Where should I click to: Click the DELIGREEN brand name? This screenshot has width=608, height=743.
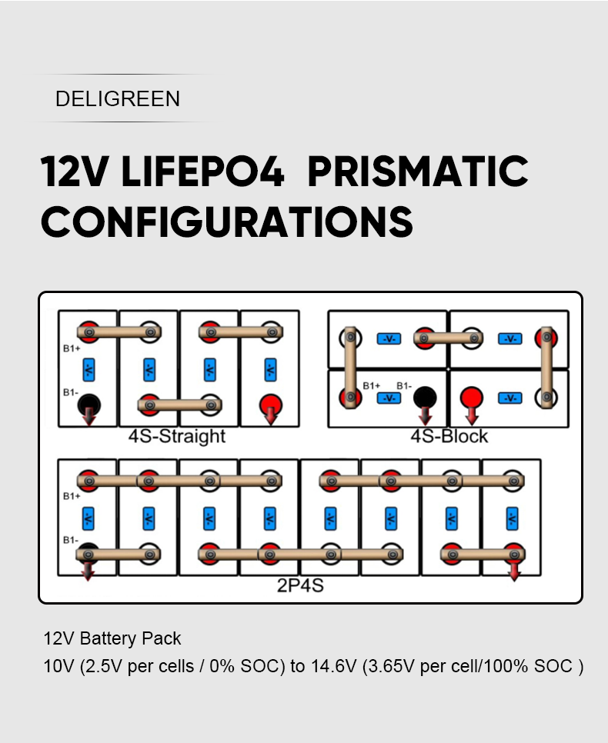tap(118, 99)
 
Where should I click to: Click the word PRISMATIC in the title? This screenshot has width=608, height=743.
tap(418, 171)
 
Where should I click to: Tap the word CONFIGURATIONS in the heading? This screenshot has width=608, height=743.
tap(227, 222)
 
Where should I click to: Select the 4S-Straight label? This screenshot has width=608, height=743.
tap(177, 436)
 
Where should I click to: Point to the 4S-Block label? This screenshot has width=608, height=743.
tap(449, 436)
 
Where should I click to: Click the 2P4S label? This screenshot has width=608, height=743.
tap(300, 585)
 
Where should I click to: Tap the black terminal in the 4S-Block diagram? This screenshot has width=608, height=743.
tap(425, 397)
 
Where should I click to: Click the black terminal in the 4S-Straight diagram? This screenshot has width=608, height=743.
tap(89, 405)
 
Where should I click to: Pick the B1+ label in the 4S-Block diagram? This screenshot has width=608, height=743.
tap(372, 385)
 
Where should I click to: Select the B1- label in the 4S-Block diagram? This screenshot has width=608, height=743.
tap(404, 385)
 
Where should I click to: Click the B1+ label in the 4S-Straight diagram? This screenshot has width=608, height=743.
tap(72, 348)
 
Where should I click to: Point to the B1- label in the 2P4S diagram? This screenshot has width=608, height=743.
tap(71, 540)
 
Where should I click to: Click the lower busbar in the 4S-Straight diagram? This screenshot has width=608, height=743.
tap(179, 405)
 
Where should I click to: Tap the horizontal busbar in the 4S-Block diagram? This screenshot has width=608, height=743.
tap(448, 338)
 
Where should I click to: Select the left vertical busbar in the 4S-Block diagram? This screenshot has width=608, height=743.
tap(350, 367)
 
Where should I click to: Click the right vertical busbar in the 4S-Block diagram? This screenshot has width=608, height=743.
tap(546, 367)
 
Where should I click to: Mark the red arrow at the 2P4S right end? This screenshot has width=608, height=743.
tap(514, 571)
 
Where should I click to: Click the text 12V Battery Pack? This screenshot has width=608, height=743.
tap(112, 638)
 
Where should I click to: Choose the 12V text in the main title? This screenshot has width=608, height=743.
tap(75, 171)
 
